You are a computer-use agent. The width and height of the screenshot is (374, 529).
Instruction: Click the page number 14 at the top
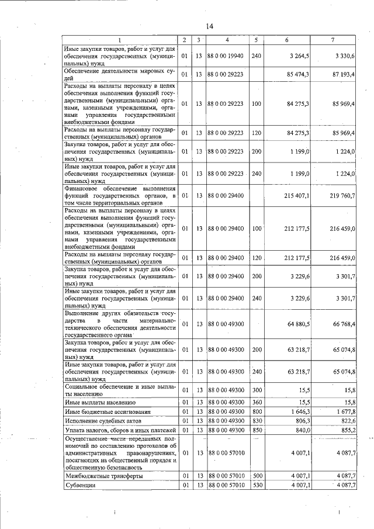coord(209,26)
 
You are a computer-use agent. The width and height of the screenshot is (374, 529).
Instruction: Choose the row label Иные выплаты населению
coord(100,402)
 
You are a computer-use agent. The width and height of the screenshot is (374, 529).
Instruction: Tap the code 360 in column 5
coord(256,402)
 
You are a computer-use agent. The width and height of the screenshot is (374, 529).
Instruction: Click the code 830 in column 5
coord(256,421)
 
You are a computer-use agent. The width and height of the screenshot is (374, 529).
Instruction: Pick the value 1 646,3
coord(299,412)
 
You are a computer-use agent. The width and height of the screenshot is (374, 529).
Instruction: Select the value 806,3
coord(300,421)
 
